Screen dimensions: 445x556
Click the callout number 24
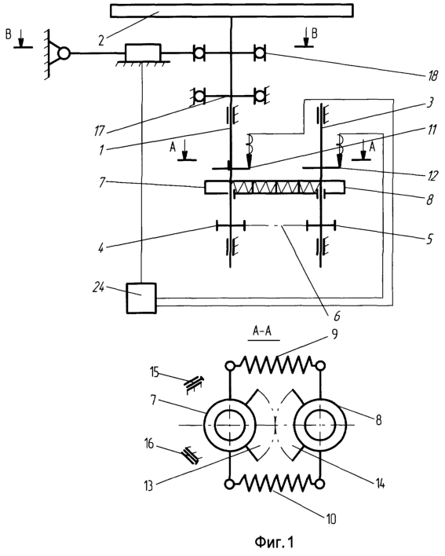[98, 287]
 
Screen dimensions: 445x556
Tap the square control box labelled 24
[141, 298]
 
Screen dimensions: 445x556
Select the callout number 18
[432, 75]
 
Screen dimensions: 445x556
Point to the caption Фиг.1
[274, 542]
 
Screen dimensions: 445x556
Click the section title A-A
[262, 331]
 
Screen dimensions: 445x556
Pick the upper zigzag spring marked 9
[275, 364]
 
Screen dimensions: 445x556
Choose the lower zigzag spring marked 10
[275, 483]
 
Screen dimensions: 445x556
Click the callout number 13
[148, 485]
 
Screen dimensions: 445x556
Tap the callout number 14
[380, 483]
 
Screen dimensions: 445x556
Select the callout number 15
[155, 373]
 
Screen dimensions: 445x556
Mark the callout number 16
[149, 443]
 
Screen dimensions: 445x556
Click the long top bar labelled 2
[232, 11]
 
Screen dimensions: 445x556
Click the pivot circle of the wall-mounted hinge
[64, 53]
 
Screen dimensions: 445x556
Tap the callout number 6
[337, 315]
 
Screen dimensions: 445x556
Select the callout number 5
[429, 239]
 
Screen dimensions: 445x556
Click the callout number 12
[432, 176]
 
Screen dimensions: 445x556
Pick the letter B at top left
[9, 35]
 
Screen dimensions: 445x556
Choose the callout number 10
[330, 519]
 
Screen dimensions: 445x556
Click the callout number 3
[429, 103]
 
